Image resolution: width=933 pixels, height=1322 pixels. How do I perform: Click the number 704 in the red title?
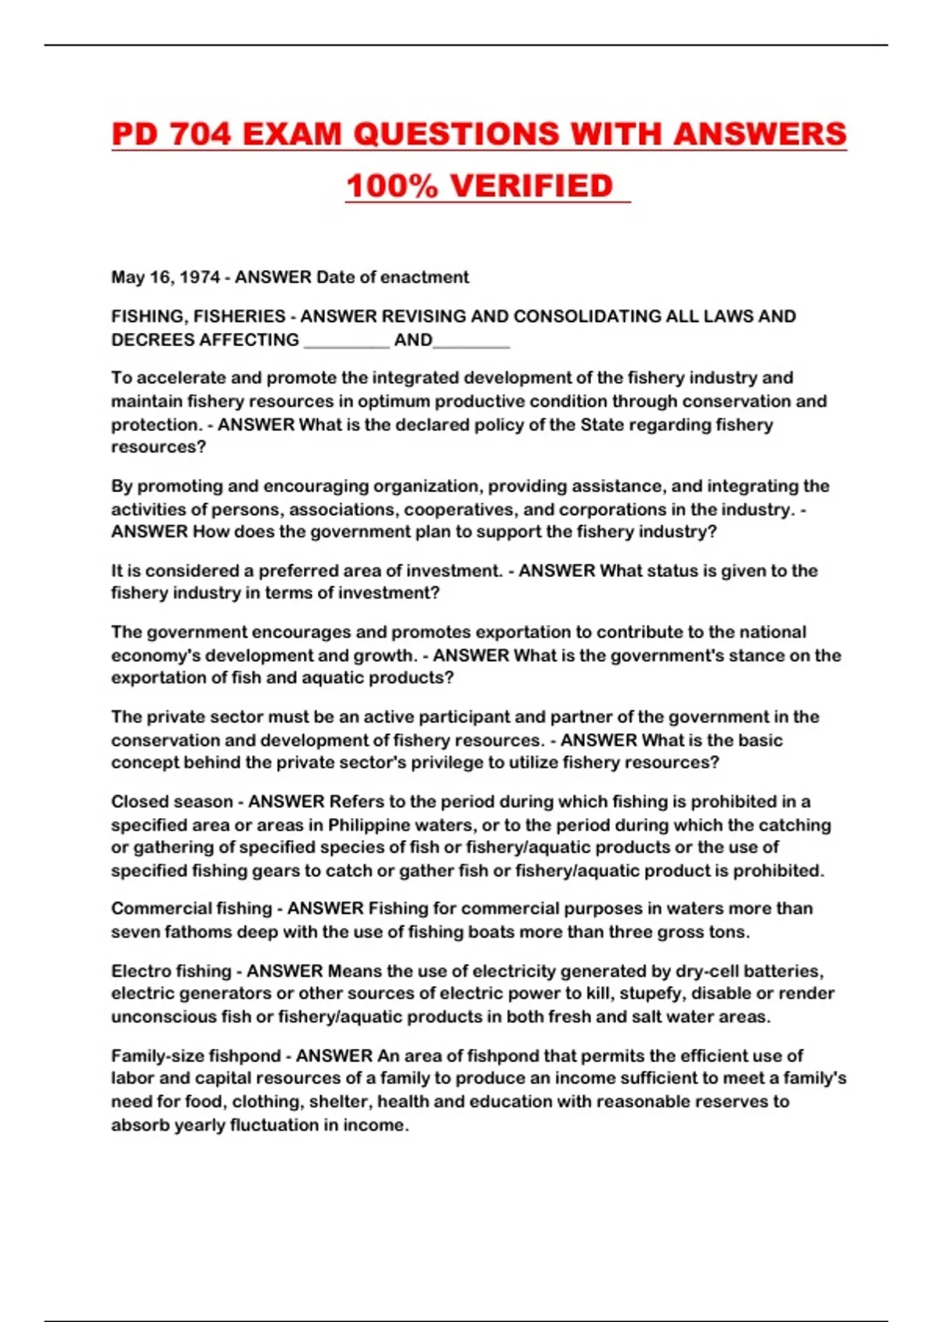point(201,134)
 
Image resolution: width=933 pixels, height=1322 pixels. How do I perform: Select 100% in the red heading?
point(392,186)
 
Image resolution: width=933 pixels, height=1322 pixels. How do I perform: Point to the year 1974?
point(200,278)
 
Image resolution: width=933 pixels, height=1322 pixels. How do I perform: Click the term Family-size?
point(156,1056)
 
